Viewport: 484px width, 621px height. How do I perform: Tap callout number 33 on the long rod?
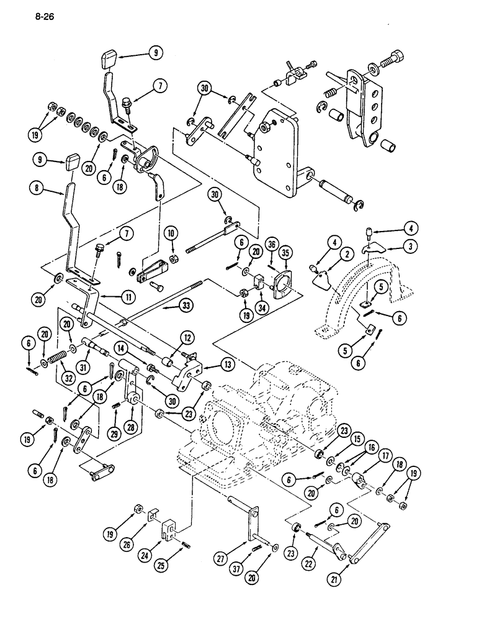(x=185, y=306)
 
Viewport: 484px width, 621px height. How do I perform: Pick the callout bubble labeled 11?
(x=128, y=297)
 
